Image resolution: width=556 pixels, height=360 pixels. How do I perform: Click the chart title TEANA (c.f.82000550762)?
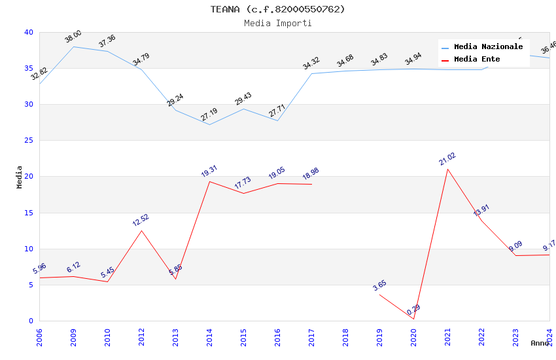click(x=277, y=9)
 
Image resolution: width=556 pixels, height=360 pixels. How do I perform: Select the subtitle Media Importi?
click(x=277, y=23)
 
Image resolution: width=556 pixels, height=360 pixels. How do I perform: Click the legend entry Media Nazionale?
click(x=488, y=47)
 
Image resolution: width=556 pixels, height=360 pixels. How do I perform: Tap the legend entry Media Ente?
click(x=477, y=60)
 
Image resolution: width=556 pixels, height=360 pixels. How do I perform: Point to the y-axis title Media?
click(x=20, y=177)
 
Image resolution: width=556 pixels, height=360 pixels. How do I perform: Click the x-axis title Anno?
click(x=540, y=343)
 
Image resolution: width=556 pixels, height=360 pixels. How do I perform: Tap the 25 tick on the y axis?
click(x=29, y=141)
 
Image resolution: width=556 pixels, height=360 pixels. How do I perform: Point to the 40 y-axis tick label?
click(x=29, y=33)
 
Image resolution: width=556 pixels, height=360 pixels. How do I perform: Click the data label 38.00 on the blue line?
click(x=73, y=37)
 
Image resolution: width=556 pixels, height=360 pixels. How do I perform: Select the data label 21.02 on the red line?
click(x=447, y=159)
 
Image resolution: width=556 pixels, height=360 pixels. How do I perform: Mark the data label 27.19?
click(x=209, y=115)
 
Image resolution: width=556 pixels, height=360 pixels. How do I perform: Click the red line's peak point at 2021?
click(x=447, y=169)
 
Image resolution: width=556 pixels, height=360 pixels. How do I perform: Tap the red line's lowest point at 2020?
click(x=413, y=319)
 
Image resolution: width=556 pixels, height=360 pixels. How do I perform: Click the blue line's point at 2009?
click(x=73, y=46)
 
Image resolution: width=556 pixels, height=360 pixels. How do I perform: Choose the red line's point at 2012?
click(x=141, y=230)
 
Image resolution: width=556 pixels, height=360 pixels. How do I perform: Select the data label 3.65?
click(x=379, y=285)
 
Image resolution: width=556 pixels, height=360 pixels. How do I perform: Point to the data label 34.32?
click(x=311, y=63)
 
